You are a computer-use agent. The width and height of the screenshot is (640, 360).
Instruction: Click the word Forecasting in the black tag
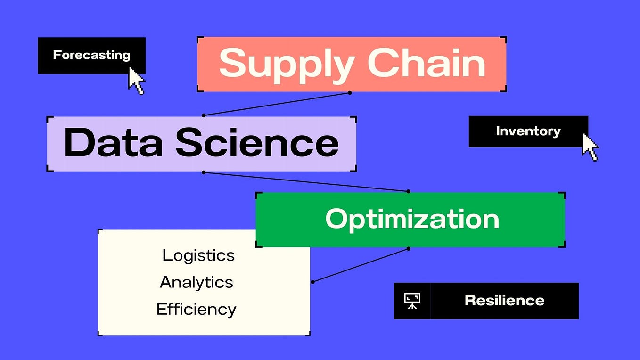pos(91,55)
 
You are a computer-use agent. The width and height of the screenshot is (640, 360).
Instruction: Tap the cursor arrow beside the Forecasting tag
pos(136,81)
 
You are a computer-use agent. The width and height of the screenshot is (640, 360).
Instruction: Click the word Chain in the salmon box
pos(426,64)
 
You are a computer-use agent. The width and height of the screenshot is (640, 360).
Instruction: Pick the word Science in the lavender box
pos(257,143)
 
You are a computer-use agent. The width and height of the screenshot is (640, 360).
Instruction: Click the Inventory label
pos(528,131)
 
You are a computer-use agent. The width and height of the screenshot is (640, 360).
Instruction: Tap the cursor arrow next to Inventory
pos(589,147)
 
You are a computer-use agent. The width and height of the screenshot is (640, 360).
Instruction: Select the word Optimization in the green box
pos(412,219)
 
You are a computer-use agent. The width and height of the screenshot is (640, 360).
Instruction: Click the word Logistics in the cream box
pos(198,255)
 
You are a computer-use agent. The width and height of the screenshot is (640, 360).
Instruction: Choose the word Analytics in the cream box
pos(197,282)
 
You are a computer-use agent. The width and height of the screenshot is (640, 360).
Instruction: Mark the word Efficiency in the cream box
pos(196,310)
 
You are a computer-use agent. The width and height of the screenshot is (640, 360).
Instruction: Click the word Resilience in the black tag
pos(504,301)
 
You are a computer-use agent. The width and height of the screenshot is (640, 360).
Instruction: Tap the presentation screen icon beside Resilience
pos(412,301)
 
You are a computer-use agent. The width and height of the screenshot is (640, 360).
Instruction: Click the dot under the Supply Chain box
pos(350,93)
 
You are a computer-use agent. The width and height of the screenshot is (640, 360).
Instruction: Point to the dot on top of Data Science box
pos(204,115)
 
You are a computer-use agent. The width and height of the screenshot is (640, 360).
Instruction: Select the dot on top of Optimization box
pos(408,191)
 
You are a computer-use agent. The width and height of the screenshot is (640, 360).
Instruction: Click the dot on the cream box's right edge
pos(312,282)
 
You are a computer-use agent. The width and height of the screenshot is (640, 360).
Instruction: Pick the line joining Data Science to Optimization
pos(306,182)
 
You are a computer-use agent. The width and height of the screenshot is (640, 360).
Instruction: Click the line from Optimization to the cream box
pos(361,265)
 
